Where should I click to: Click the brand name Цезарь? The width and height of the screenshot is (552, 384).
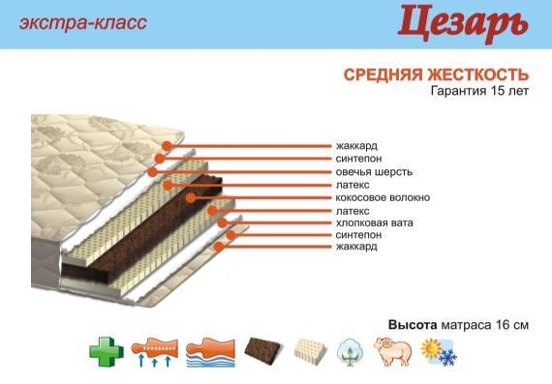point(463,23)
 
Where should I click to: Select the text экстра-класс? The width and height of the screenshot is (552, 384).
point(83,23)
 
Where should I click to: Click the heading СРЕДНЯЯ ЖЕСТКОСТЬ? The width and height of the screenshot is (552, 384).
point(436,74)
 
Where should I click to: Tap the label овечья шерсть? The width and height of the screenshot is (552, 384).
point(374,172)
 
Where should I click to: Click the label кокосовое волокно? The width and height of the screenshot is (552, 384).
point(383,197)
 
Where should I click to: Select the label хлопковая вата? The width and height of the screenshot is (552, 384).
point(375,222)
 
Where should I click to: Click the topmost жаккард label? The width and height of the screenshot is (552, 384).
point(356,146)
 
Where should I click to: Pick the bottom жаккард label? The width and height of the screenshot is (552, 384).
point(356,246)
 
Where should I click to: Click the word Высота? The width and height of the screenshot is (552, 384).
point(413,325)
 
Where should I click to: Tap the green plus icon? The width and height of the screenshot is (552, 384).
point(107,352)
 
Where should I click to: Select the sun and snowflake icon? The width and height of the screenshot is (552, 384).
point(439,352)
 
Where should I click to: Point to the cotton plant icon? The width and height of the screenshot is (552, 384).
point(351,352)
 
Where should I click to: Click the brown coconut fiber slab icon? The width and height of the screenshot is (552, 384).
point(263,350)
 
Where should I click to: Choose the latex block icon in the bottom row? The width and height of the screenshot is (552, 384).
point(310,350)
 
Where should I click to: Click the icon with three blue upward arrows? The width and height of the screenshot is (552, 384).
point(155,353)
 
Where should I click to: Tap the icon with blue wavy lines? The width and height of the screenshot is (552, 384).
point(210,353)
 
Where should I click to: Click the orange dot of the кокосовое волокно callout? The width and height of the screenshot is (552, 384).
point(191,198)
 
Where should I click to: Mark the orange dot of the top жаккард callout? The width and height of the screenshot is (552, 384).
point(167,146)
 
